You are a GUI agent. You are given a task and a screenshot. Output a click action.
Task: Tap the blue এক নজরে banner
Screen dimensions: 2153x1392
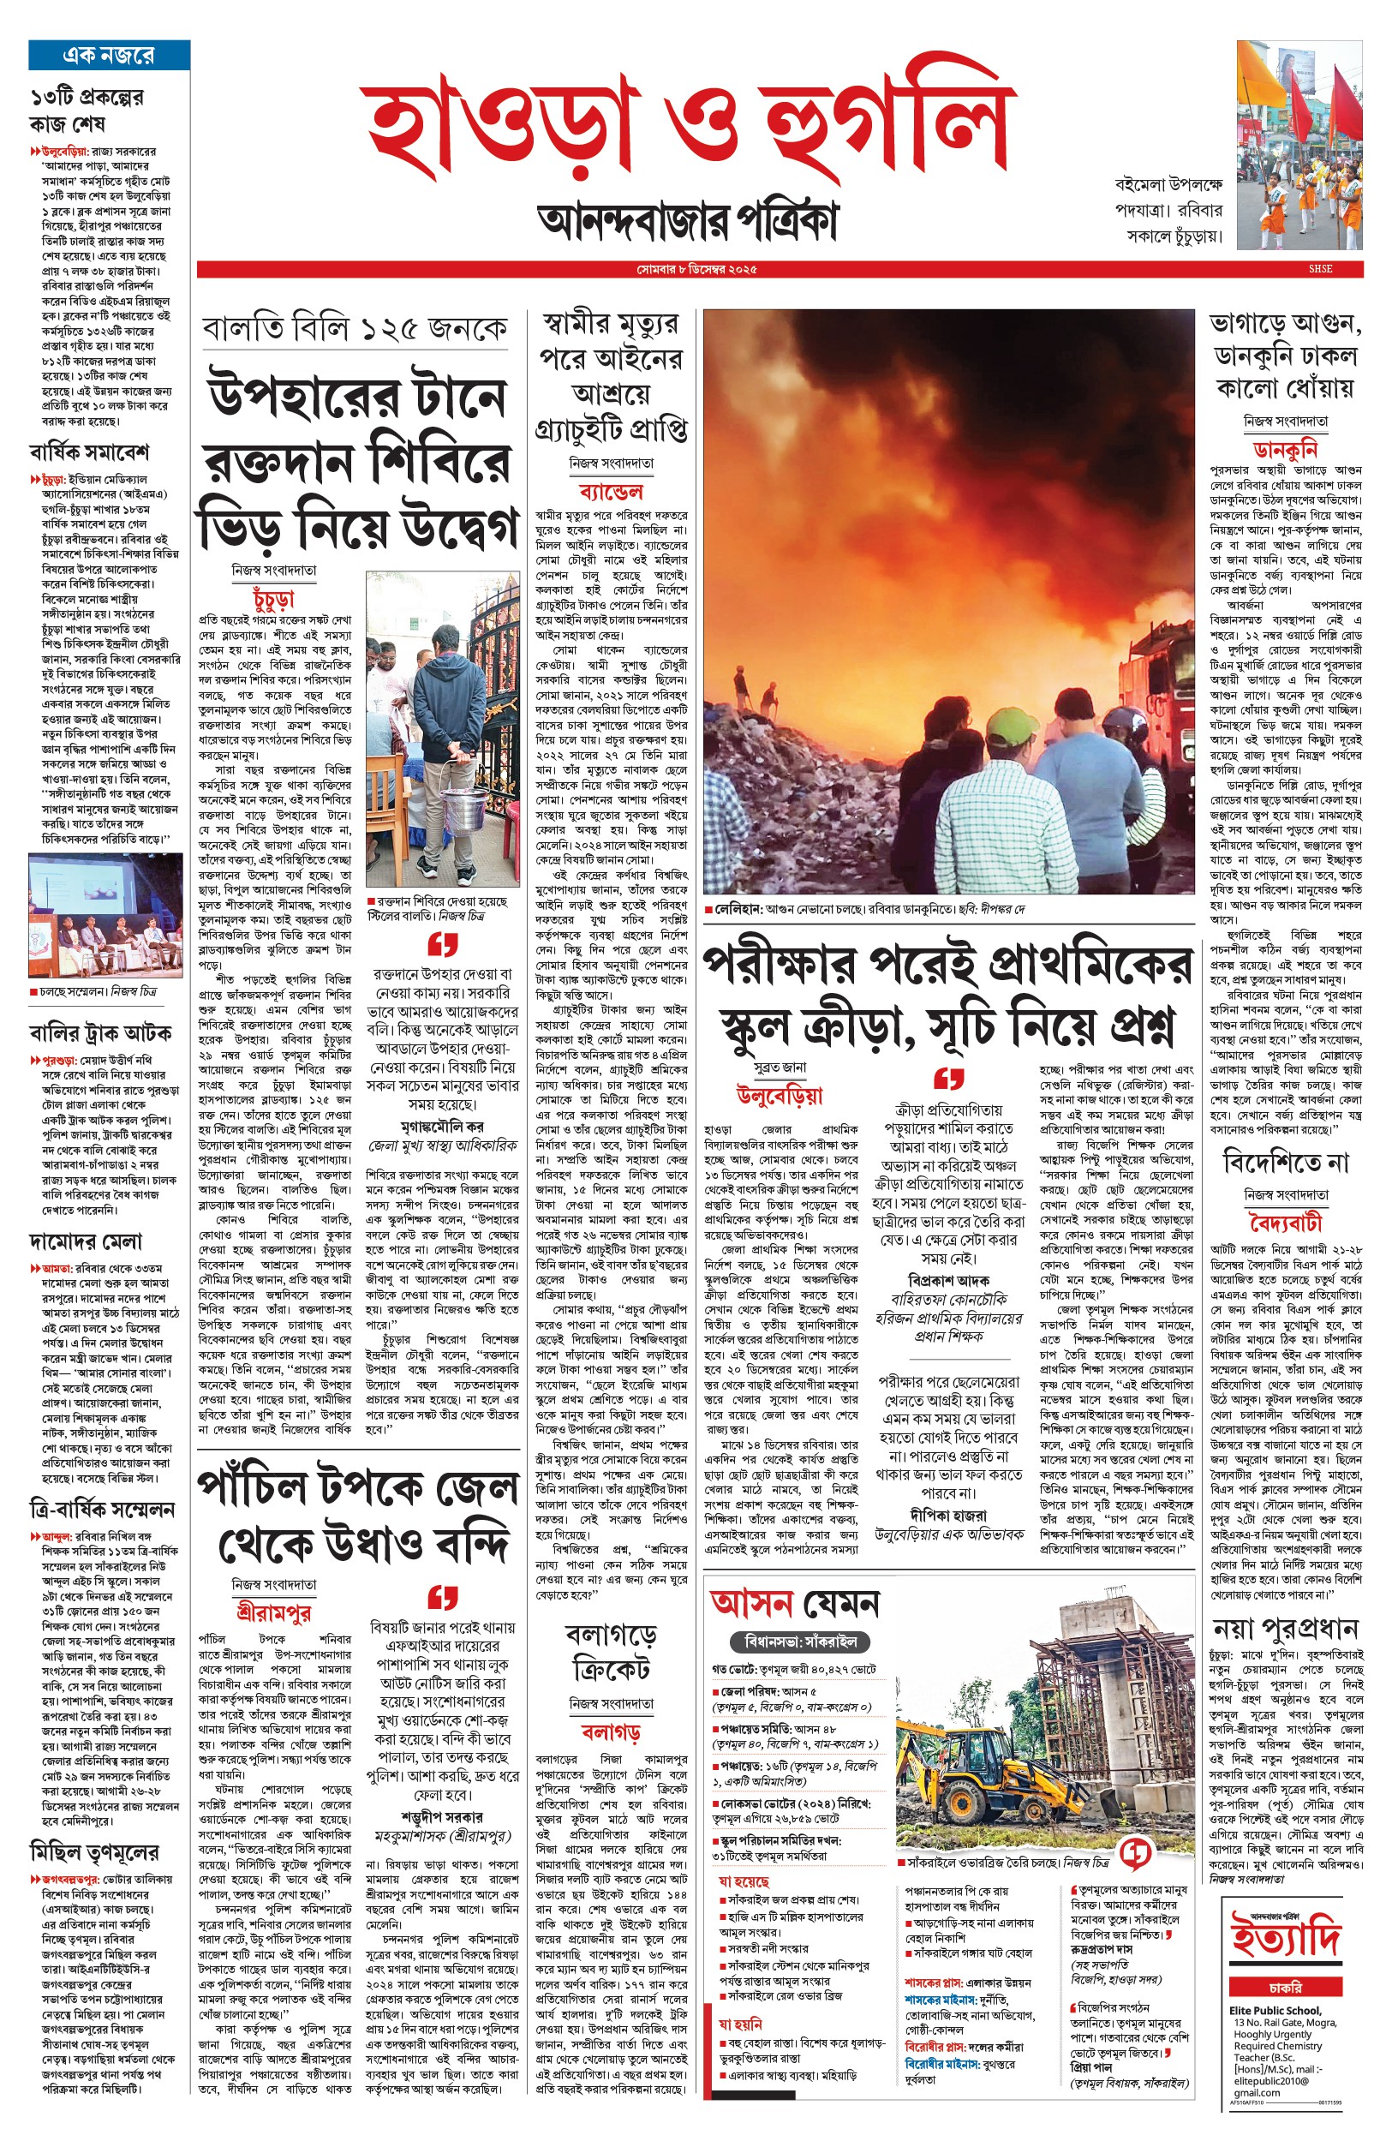(x=109, y=55)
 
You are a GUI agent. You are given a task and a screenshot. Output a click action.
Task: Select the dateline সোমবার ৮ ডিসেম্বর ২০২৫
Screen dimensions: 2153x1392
(x=695, y=269)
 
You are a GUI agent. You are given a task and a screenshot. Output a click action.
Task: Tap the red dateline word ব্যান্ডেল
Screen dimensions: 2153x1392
(x=611, y=492)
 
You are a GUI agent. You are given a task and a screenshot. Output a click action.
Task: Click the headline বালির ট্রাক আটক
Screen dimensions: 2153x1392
(x=100, y=1032)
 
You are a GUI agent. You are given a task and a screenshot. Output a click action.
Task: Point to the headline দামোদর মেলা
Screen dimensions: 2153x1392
(x=85, y=1242)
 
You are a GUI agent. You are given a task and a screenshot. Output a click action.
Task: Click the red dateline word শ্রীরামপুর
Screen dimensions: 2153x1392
(x=273, y=1613)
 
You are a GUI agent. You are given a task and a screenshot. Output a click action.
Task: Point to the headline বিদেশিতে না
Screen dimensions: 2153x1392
(x=1284, y=1162)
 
